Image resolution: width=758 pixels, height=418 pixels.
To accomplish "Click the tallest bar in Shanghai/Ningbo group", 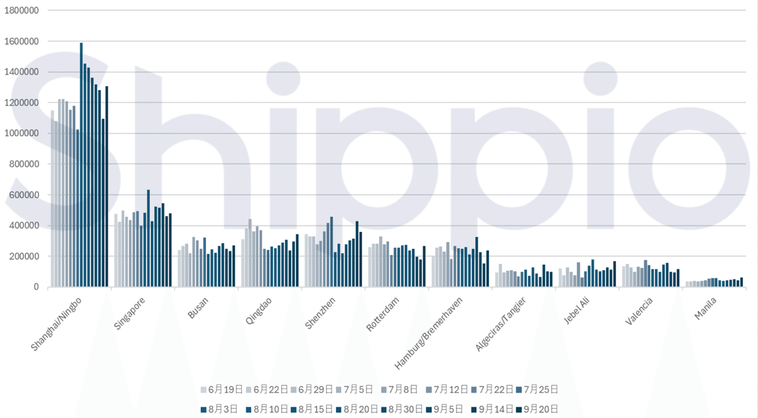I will pos(81,164).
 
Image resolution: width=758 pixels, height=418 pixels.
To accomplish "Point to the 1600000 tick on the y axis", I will pos(22,42).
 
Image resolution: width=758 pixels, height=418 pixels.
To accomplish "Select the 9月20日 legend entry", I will pos(538,409).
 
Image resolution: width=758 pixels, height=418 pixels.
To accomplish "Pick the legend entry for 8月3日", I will pos(220,409).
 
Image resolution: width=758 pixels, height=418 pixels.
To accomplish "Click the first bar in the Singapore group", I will pos(116,250).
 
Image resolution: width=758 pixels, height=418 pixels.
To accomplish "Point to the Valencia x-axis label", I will pos(639,310).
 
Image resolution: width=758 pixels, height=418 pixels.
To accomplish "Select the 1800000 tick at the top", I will pos(22,11).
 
